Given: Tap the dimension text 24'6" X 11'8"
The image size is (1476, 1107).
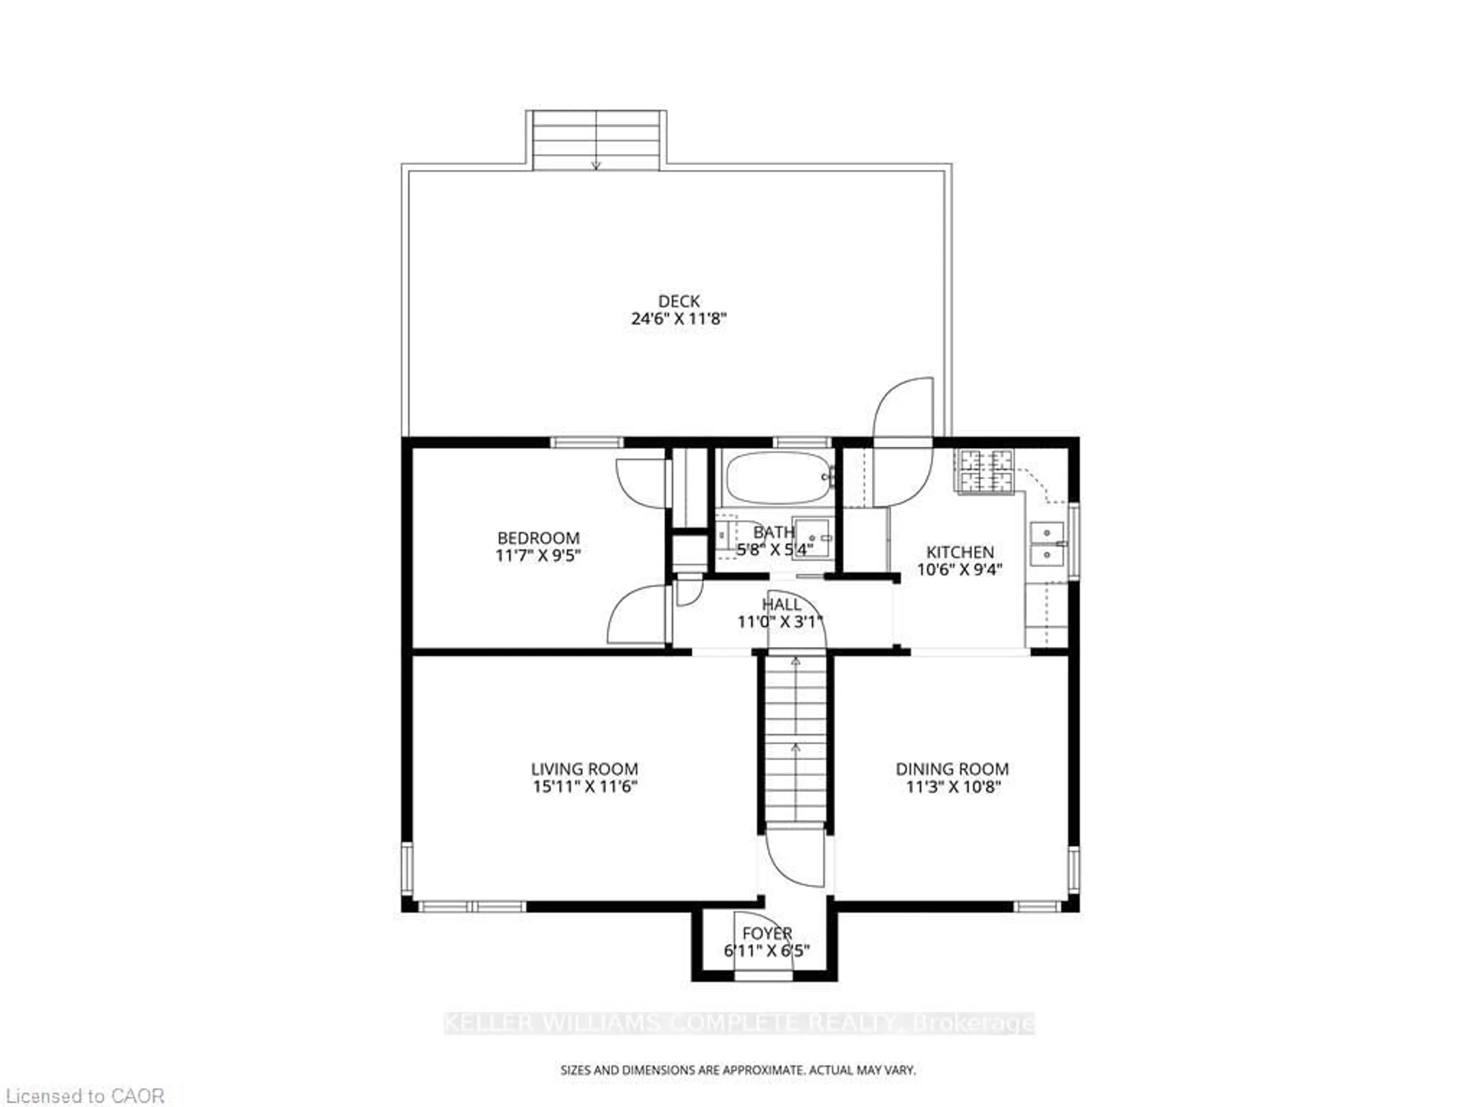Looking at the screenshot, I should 678,319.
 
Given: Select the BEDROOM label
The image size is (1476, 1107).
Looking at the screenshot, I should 539,538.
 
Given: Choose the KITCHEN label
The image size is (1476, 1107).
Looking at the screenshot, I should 959,552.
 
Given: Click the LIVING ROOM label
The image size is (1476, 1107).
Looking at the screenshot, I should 585,769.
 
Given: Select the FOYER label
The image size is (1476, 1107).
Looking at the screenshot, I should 767,933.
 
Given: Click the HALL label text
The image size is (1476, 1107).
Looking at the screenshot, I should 781,605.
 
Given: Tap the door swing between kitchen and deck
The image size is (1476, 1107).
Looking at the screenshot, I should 902,443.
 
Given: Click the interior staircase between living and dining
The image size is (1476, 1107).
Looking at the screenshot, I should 795,741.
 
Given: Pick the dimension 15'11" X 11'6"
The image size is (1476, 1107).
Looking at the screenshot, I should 585,787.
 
